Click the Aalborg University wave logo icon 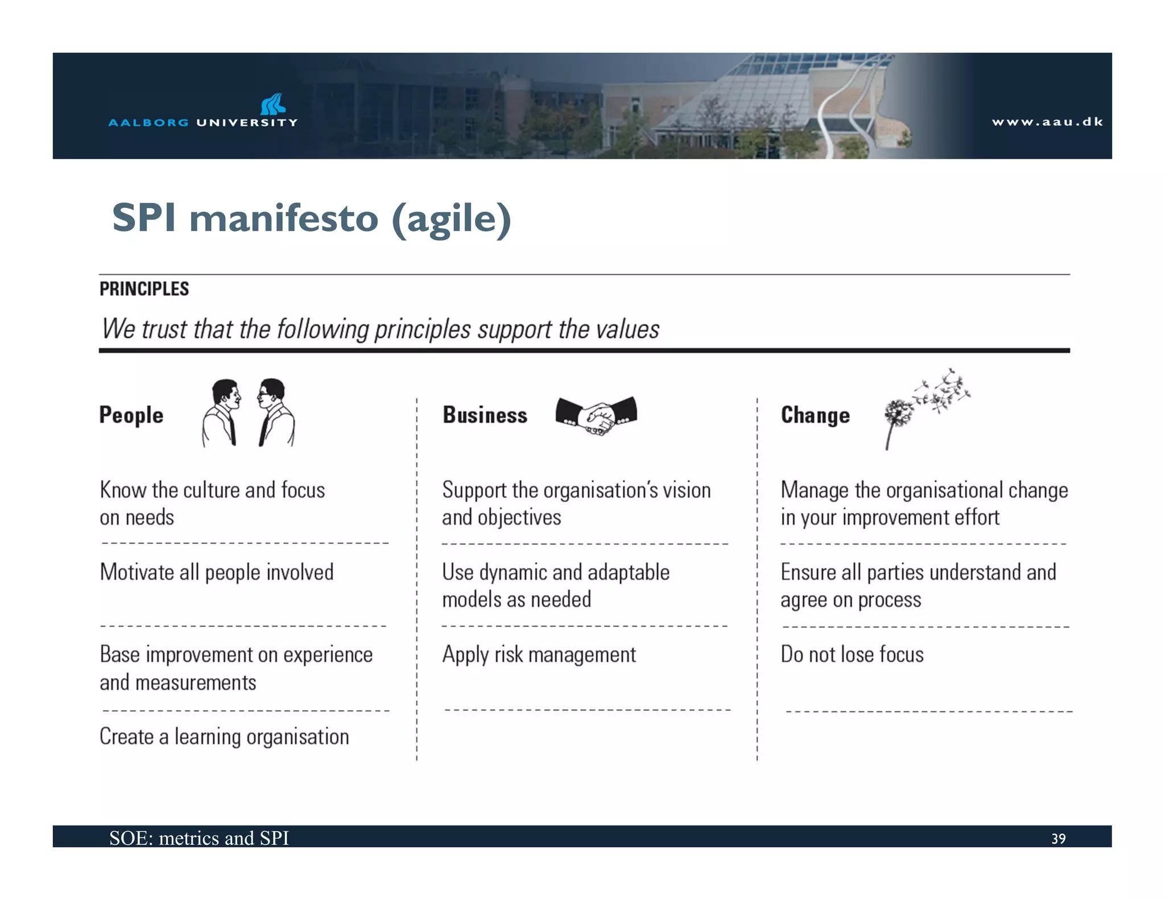[x=272, y=104]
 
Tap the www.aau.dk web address [x=1047, y=122]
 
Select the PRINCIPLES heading [x=144, y=289]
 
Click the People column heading [x=131, y=415]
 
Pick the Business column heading [x=485, y=415]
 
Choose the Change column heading [x=815, y=415]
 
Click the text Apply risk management [x=539, y=655]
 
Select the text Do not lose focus [x=852, y=655]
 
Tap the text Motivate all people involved [x=216, y=572]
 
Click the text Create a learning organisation [x=224, y=737]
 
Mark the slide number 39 [x=1058, y=839]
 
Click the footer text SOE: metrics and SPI [x=199, y=838]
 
